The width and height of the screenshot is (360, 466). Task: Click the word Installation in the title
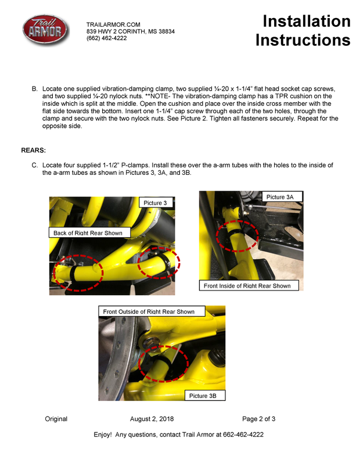tap(306, 21)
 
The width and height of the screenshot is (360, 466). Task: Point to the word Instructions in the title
tap(303, 41)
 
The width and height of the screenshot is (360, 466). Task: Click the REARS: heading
tap(33, 150)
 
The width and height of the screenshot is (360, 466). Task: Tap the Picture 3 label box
tap(155, 203)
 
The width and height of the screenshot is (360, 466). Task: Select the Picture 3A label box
tap(280, 198)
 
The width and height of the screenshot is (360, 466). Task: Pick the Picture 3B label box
tap(203, 396)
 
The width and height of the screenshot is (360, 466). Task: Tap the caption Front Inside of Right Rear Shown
tap(247, 286)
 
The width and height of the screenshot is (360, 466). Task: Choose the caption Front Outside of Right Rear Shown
tap(149, 312)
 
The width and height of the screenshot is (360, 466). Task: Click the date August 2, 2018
tap(152, 419)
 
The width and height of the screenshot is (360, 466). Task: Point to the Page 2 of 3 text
tap(258, 419)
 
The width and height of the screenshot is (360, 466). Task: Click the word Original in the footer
tap(56, 419)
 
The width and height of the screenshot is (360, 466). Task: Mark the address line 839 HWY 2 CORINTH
tap(130, 31)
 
